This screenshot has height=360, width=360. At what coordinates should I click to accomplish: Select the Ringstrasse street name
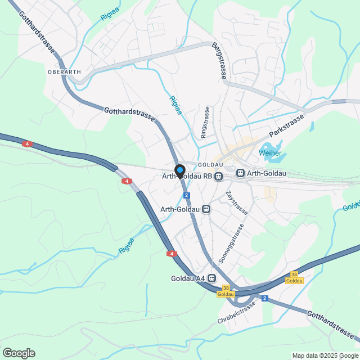205,123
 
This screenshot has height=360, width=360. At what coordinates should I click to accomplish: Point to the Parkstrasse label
286,126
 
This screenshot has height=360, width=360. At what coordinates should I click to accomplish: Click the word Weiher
270,153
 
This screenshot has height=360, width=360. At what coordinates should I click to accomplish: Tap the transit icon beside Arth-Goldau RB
218,177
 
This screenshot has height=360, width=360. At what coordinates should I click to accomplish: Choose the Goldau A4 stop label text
188,278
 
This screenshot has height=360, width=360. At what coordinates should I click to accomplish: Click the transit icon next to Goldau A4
212,278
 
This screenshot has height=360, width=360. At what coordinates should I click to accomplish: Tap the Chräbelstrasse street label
236,312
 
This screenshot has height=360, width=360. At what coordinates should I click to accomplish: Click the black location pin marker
180,170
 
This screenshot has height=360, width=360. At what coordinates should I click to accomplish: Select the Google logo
18,353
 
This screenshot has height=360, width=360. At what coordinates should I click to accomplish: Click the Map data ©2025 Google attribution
325,355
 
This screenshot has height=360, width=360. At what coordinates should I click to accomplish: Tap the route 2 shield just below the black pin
186,195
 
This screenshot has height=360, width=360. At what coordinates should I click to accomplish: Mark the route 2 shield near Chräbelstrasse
264,298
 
